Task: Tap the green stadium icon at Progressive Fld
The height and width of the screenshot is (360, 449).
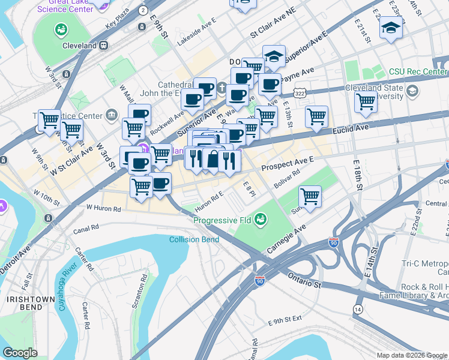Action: [261, 220]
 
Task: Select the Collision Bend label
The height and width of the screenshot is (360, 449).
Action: [194, 239]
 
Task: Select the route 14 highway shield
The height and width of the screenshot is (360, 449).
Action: [358, 308]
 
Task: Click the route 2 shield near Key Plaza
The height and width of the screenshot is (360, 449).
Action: [142, 10]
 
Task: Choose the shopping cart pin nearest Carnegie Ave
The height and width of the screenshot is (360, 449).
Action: [310, 196]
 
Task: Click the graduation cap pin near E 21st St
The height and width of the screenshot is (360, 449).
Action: [391, 27]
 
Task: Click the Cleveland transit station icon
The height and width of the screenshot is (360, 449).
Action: [104, 45]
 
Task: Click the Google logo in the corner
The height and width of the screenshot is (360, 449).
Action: [20, 353]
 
